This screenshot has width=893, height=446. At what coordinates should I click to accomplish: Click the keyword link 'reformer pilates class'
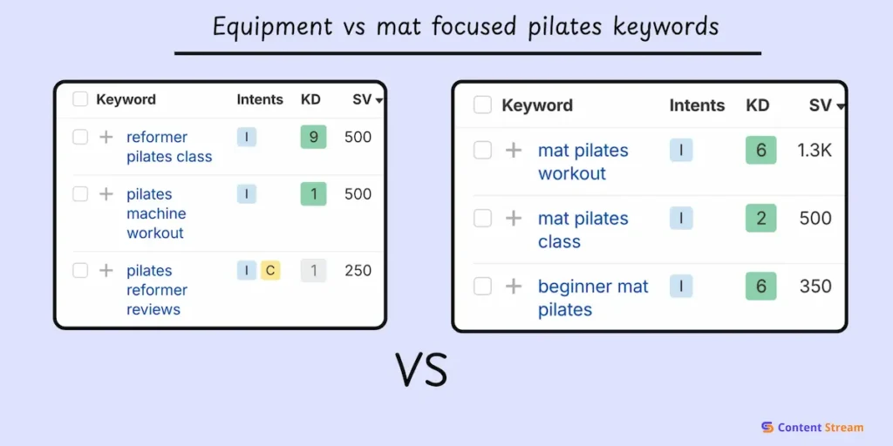[168, 146]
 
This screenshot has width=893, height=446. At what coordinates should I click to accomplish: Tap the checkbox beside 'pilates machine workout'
[80, 194]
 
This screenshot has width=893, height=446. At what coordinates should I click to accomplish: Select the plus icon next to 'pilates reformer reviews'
[106, 271]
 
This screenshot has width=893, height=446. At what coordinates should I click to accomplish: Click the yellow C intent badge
[270, 271]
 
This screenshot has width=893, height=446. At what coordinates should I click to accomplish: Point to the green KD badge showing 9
[313, 137]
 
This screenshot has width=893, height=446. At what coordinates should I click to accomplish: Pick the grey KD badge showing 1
[313, 271]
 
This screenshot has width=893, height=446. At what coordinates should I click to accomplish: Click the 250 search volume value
[358, 271]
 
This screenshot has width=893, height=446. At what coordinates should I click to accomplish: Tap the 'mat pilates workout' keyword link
[583, 161]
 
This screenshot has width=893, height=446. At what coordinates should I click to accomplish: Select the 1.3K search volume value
[815, 151]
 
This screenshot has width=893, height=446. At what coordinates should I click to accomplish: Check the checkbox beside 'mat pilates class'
[482, 219]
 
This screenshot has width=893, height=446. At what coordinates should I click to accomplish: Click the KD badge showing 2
[760, 219]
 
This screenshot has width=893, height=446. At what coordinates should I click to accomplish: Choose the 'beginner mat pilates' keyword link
[593, 297]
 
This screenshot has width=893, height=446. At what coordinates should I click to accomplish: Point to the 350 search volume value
[815, 287]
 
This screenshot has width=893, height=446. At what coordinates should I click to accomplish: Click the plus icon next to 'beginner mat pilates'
[514, 287]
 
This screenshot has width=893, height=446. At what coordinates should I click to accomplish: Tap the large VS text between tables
[422, 369]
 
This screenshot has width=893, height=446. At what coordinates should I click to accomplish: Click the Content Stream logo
[811, 427]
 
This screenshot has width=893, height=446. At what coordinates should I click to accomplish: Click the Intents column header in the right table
[697, 105]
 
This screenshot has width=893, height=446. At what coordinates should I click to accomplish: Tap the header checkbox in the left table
[80, 99]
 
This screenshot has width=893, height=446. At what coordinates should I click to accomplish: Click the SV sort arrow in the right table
[841, 106]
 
